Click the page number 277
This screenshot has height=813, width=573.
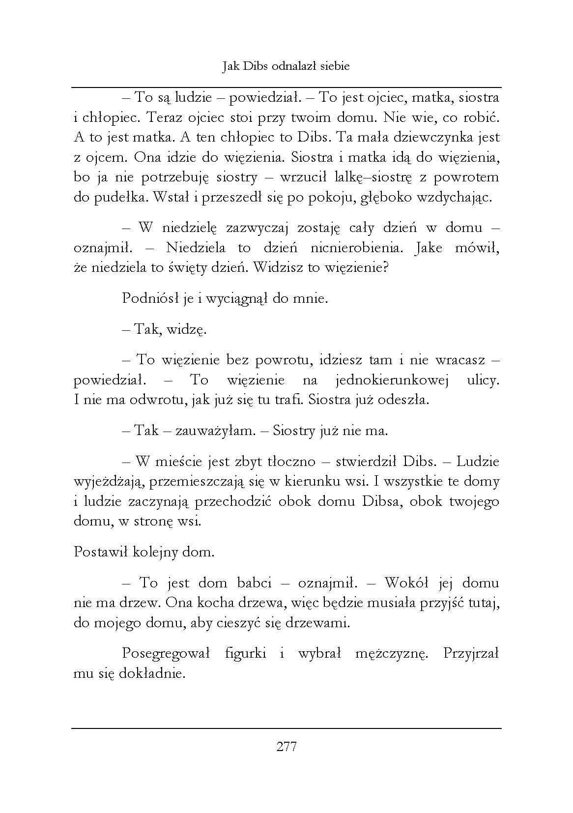(286, 747)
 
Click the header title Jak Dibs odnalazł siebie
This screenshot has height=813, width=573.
(286, 66)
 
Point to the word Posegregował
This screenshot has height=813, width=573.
(166, 654)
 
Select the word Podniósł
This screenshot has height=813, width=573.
(145, 298)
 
